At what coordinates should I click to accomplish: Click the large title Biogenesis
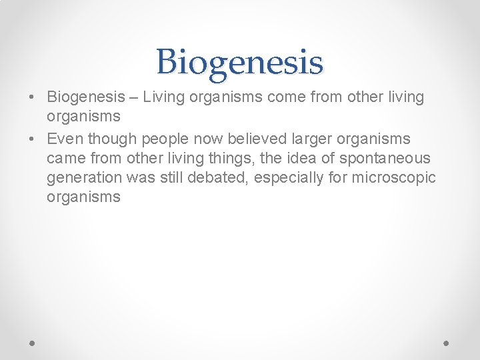pos(240,63)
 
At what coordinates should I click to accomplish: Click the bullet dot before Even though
pos(31,139)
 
